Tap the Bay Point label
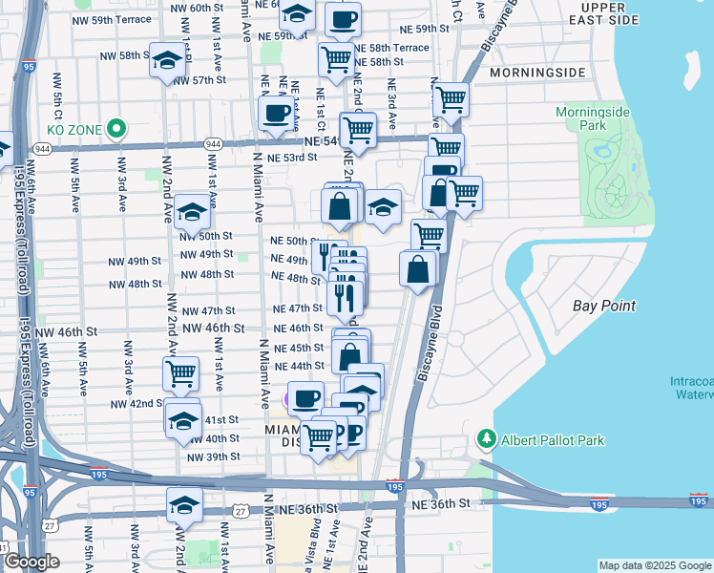(604, 306)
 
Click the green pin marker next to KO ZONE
(116, 126)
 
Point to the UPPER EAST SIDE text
(621, 13)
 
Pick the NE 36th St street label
(441, 502)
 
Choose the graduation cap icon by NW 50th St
(193, 213)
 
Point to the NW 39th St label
(213, 456)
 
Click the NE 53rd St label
(291, 158)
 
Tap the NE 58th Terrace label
(391, 47)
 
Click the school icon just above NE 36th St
(184, 505)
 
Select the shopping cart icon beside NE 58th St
(336, 59)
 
